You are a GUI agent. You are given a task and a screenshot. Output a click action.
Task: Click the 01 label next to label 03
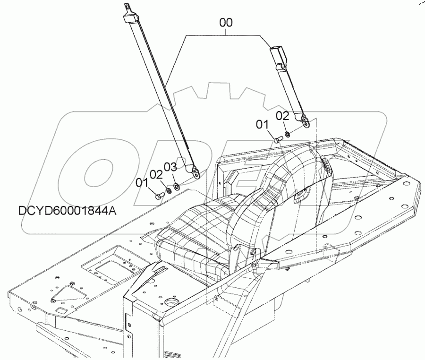(142, 181)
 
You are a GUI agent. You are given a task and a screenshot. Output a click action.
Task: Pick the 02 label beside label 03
(156, 174)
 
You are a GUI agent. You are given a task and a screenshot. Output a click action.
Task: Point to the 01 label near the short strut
(262, 124)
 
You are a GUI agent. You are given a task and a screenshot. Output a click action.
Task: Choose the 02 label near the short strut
(282, 115)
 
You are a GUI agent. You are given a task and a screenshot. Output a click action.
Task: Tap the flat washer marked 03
(176, 185)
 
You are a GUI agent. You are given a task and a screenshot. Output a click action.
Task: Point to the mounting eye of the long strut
(192, 171)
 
